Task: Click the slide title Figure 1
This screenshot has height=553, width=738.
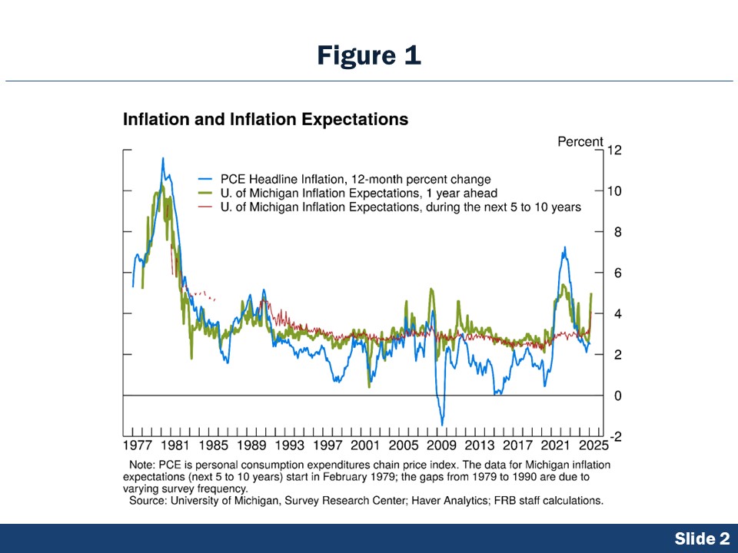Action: tap(369, 55)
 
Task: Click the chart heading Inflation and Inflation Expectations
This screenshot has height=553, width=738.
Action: tap(265, 120)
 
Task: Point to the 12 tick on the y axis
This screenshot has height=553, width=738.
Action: tap(614, 150)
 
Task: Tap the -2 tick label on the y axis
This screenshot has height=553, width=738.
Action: tap(614, 436)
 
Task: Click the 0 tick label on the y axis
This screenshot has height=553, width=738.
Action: tap(613, 396)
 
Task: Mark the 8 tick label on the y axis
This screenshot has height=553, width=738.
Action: tap(613, 232)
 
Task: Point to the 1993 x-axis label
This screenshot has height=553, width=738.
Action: tap(290, 445)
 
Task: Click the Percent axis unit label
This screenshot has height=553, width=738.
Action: tap(580, 141)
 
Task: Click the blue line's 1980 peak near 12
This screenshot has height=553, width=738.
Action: tap(162, 159)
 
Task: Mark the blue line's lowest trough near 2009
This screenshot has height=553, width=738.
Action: tap(442, 424)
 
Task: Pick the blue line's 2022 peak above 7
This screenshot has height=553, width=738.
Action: tap(565, 247)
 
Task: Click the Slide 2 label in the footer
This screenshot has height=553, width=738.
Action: tap(702, 539)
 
